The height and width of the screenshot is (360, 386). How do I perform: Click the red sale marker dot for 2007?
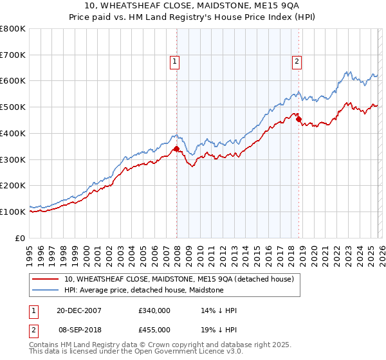(x=176, y=149)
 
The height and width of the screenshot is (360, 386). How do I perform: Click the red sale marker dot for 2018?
(x=299, y=119)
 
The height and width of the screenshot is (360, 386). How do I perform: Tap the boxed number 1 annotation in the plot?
(x=174, y=62)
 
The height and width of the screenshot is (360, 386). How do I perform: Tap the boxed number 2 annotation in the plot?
(x=297, y=62)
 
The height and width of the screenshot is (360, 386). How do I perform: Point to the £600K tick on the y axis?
(x=13, y=81)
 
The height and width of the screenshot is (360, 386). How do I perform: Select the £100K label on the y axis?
(x=13, y=212)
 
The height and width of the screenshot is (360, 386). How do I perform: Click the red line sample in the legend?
(x=46, y=279)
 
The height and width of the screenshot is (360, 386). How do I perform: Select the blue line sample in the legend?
(x=46, y=290)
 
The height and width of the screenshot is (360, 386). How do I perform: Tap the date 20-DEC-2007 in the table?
(x=78, y=310)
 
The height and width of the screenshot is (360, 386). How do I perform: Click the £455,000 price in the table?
(x=154, y=329)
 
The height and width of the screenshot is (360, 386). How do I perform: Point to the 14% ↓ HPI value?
(x=219, y=310)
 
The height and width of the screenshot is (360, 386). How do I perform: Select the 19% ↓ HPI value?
(x=219, y=329)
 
